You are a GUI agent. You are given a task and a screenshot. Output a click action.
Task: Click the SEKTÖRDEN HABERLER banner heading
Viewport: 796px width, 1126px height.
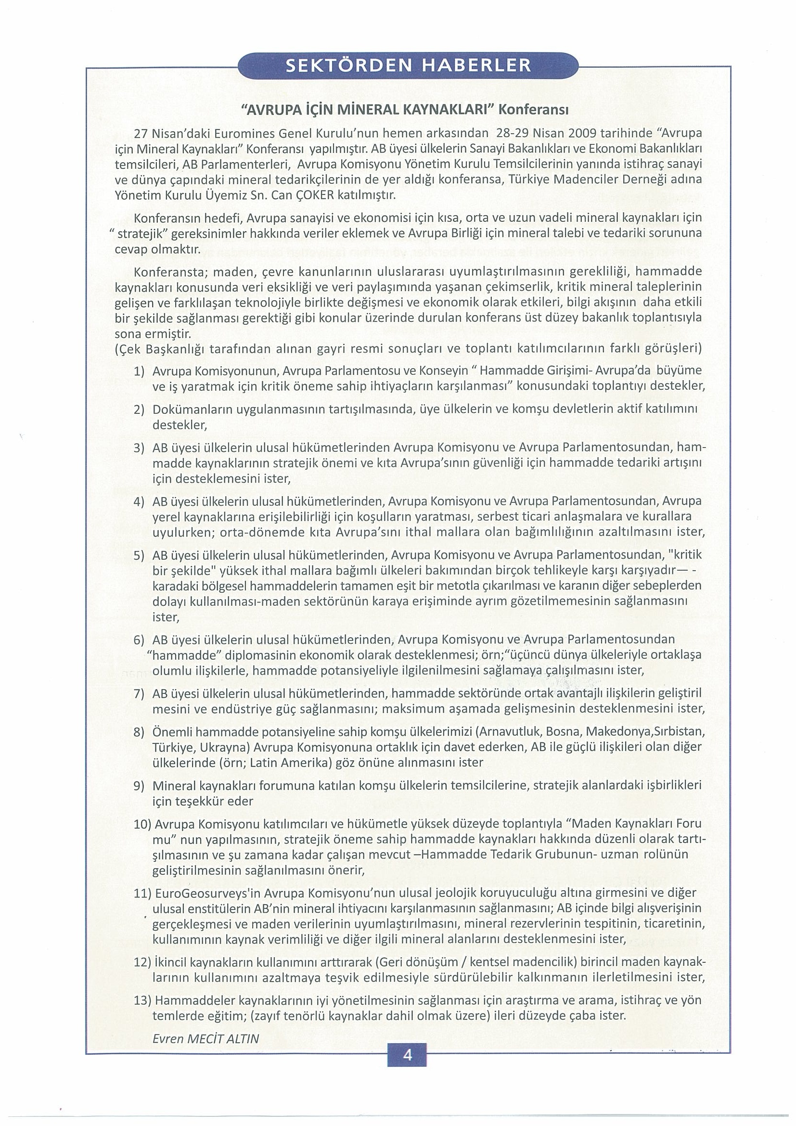click(408, 66)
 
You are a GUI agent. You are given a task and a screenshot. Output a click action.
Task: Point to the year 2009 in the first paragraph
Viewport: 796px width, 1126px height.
click(584, 133)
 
